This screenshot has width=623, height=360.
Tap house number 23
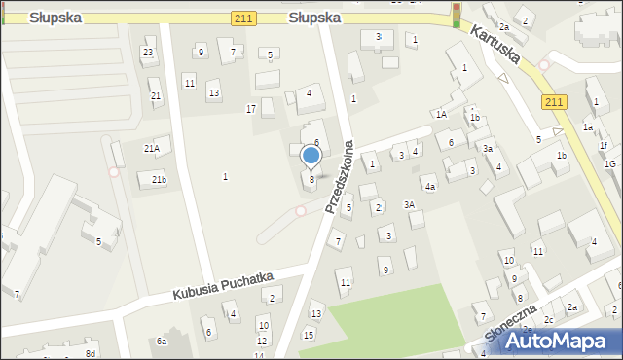tap(148, 52)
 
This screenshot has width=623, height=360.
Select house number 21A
tap(152, 148)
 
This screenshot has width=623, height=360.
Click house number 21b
tap(157, 179)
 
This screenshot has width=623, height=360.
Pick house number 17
tap(251, 109)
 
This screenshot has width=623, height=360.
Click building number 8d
tap(90, 353)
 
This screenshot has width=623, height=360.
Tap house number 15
tap(309, 335)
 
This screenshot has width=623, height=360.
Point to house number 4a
tap(429, 186)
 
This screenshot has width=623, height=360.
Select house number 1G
tap(610, 163)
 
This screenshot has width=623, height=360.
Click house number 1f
tap(604, 146)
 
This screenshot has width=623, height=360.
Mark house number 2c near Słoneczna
tap(549, 319)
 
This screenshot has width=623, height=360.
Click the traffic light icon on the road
tap(456, 14)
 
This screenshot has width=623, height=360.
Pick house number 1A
tap(441, 115)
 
